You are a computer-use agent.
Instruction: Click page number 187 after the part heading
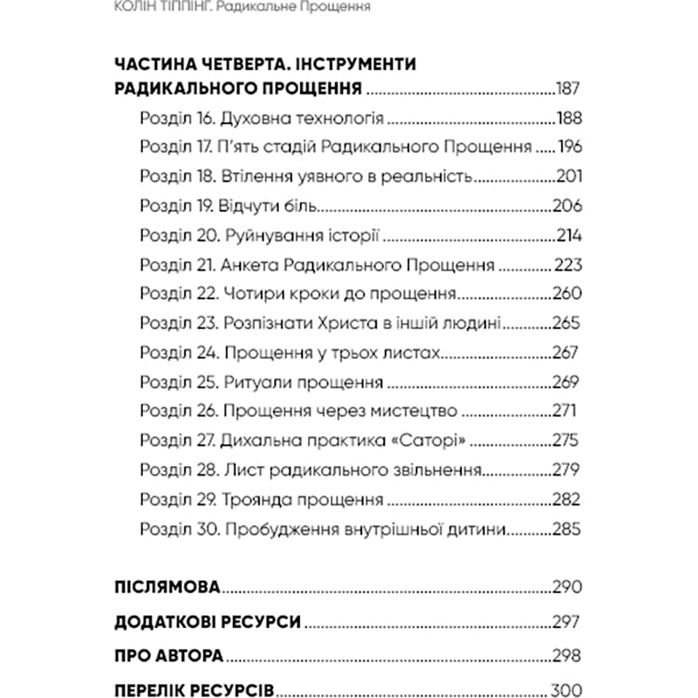567,89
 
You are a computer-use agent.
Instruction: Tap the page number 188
568,119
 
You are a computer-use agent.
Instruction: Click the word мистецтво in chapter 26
396,413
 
